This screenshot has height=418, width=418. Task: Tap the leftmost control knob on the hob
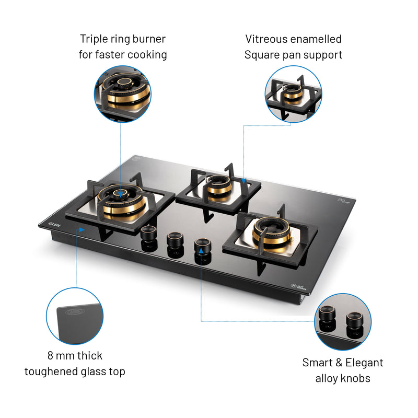(x=148, y=235)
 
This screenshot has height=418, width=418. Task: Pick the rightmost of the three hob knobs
(x=201, y=245)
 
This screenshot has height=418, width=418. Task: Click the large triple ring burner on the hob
(x=121, y=201)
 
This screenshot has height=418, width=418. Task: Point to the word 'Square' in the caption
(x=262, y=54)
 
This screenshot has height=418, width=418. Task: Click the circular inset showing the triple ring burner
(x=122, y=94)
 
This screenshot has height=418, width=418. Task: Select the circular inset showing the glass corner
(x=75, y=316)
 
